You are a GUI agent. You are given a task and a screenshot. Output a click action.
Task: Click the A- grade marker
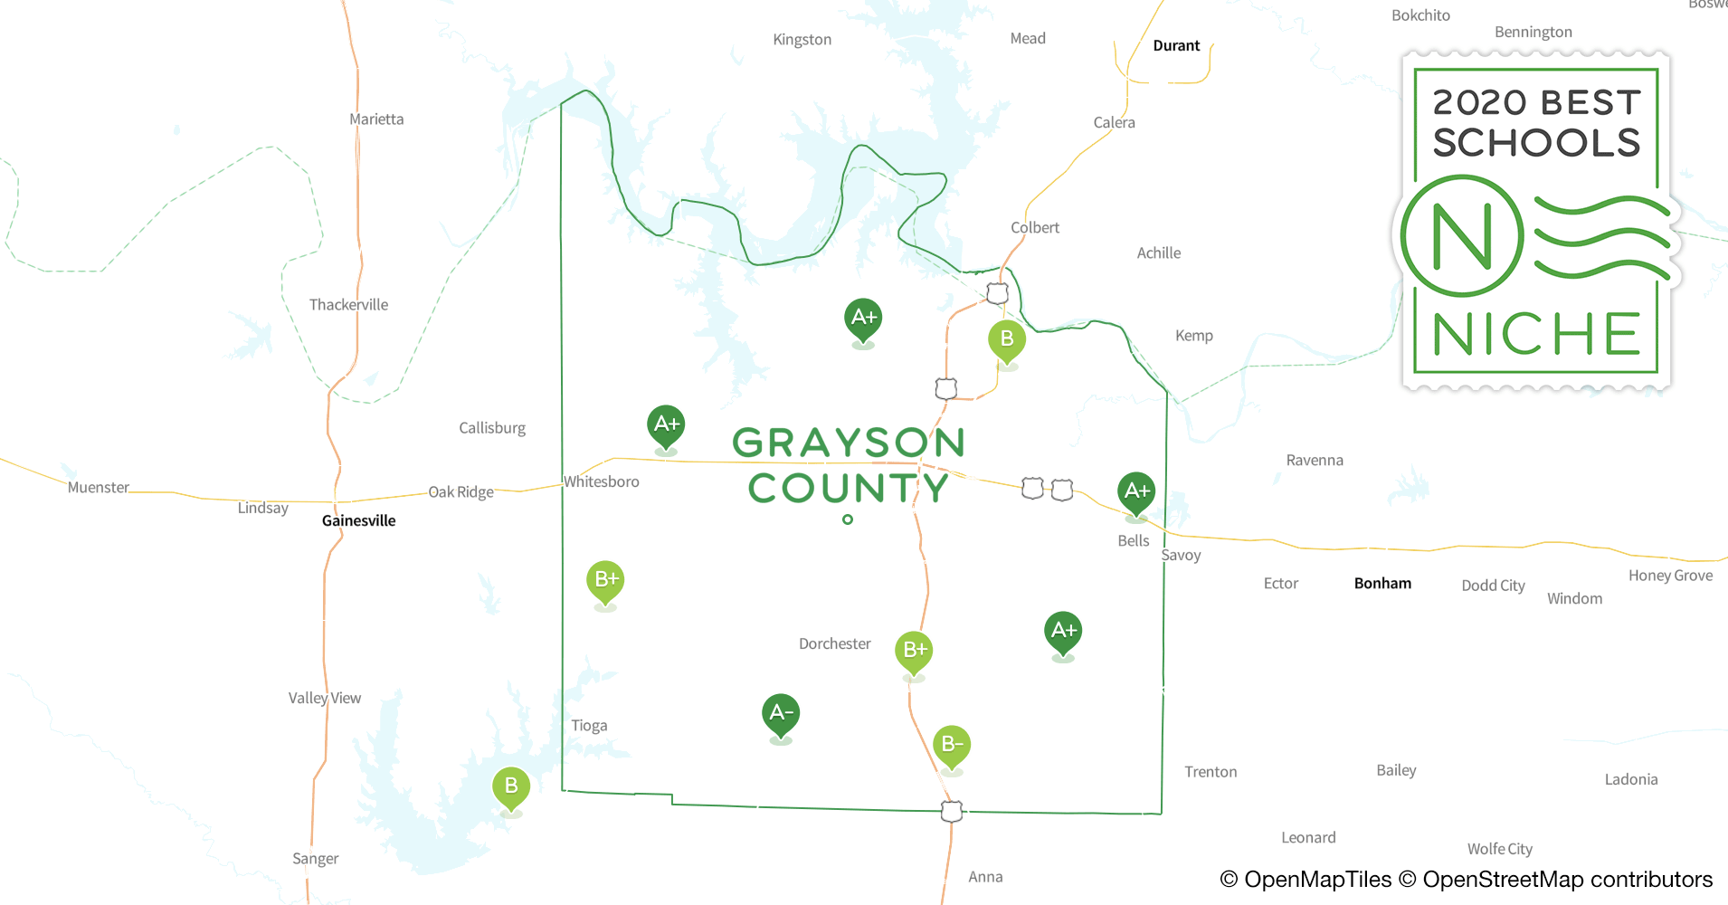coord(780,714)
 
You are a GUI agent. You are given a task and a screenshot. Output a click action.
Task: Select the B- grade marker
coord(951,745)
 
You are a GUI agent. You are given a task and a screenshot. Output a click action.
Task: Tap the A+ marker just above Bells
coord(1136,491)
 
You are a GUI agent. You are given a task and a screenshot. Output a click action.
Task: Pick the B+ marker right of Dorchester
coord(914,650)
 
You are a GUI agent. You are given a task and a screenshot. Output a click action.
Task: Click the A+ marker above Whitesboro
coord(666,424)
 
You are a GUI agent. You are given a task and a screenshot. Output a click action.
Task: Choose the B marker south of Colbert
coord(1006,339)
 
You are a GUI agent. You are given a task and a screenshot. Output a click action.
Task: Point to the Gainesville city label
coord(358,520)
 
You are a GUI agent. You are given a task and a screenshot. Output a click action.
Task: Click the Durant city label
coord(1176,46)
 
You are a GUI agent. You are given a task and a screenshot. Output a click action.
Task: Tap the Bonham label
coord(1382,584)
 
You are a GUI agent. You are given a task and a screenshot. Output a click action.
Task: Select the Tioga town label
coord(589,726)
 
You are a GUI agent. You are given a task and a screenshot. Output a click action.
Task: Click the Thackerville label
coord(348,305)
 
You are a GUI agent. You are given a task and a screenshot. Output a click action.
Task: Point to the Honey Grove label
coord(1670,576)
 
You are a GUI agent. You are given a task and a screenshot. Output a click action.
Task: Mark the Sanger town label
coord(315,859)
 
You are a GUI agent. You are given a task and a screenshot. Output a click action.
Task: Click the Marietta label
coord(376,119)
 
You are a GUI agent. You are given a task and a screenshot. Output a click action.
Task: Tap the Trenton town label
coord(1211,772)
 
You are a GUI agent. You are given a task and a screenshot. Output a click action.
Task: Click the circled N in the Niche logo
coord(1462,237)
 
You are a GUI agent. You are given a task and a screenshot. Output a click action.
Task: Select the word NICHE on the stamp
coord(1536,334)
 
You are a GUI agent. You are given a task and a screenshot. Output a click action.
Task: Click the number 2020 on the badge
coord(1480,103)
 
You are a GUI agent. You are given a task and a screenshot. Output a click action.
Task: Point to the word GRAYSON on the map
coord(848,443)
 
